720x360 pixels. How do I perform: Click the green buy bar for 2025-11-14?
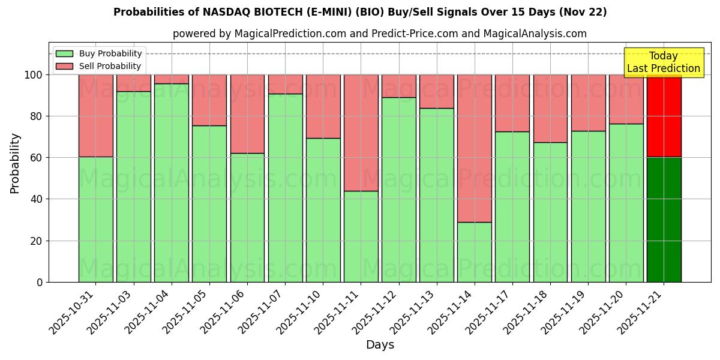click(474, 252)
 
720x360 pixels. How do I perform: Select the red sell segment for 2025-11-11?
click(361, 133)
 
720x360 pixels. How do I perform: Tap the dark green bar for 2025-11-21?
click(664, 220)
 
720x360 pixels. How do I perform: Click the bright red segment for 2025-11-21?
click(664, 116)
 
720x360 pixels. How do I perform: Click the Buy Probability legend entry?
click(98, 53)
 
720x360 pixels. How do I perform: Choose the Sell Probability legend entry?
click(98, 66)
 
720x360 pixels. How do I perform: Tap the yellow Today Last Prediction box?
click(663, 62)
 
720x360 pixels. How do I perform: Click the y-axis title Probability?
click(15, 163)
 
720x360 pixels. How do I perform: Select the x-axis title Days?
click(380, 345)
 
